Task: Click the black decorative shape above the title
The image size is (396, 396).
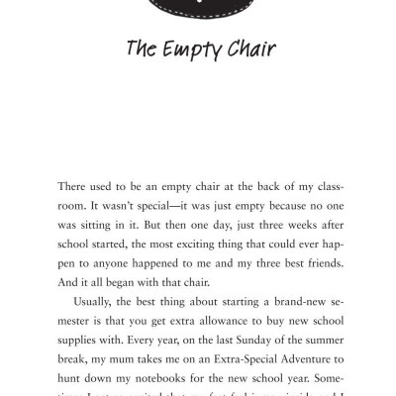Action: point(197,8)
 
